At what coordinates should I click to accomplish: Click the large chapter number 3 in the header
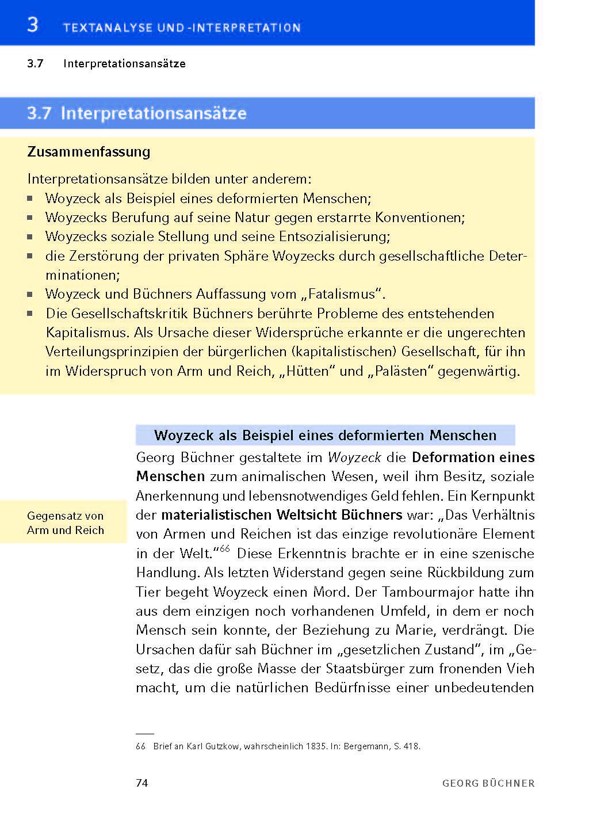33,25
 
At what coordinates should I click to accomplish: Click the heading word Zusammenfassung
89,152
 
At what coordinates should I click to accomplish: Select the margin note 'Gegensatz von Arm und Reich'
66,523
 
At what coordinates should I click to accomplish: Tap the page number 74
142,783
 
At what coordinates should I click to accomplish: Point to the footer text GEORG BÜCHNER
488,783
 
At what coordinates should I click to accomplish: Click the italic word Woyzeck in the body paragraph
354,457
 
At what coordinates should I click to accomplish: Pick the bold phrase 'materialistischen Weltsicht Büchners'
282,514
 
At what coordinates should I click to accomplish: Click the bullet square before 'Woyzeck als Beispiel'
30,199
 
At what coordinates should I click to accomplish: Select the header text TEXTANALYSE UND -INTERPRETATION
182,28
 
